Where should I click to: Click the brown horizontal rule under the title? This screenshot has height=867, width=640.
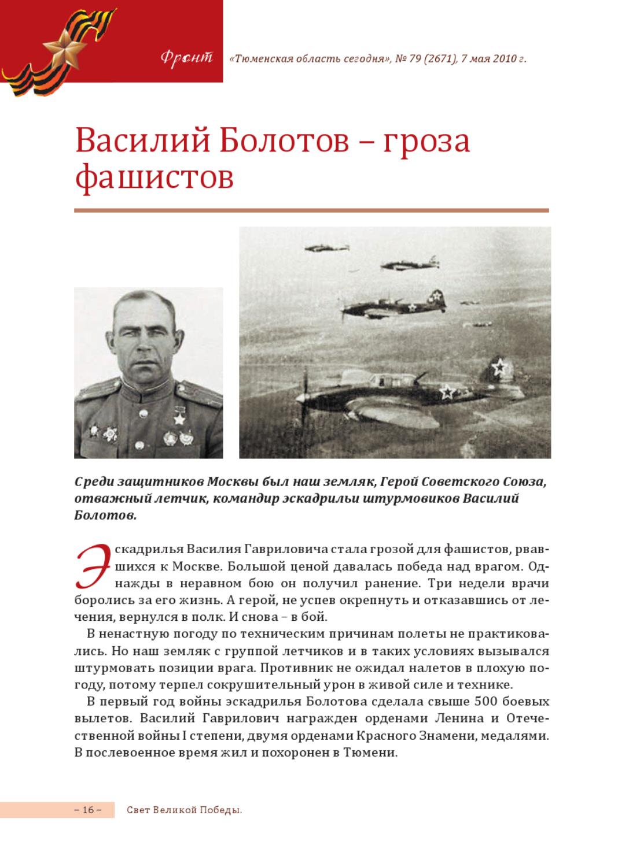click(x=311, y=210)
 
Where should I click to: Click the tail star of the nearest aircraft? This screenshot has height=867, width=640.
click(x=498, y=366)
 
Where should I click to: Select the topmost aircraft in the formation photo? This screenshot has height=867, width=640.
click(x=326, y=248)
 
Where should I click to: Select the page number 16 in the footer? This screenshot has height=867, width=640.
click(x=88, y=810)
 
